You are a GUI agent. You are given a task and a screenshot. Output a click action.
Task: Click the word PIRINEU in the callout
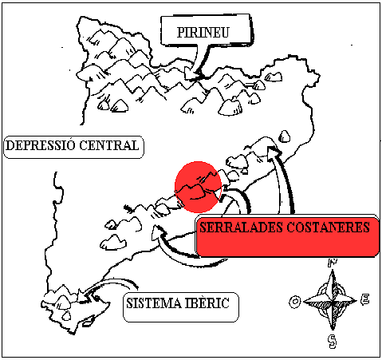tap(203, 32)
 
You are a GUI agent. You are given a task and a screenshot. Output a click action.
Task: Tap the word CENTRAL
tap(109, 145)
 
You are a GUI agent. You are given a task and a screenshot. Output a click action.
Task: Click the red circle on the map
tap(198, 187)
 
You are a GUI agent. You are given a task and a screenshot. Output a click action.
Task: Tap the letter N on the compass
tap(333, 263)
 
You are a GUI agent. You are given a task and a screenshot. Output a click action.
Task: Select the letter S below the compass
tap(332, 342)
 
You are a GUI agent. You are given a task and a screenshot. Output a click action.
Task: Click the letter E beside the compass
tap(365, 299)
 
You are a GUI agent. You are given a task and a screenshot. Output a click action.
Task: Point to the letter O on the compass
tap(294, 302)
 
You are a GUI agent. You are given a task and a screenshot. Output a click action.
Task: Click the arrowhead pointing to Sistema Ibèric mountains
tap(84, 296)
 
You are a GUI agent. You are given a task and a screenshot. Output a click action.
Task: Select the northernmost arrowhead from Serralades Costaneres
tap(274, 152)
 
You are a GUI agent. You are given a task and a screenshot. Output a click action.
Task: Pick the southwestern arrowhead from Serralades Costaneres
tap(157, 232)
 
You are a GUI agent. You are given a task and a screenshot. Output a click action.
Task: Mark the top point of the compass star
tap(333, 270)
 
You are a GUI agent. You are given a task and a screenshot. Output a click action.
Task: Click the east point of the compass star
tap(356, 301)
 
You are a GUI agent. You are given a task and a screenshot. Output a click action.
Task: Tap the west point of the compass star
tap(304, 302)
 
